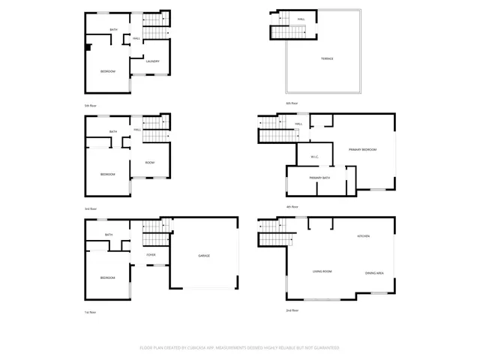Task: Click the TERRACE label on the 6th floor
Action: (328, 58)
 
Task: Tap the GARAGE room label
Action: (204, 256)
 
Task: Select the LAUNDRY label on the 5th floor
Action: (152, 61)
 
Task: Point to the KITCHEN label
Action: (364, 236)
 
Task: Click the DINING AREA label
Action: (375, 272)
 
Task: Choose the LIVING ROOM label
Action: (322, 271)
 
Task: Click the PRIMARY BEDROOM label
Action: (362, 150)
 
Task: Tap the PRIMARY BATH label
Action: (320, 177)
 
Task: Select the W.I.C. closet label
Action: (315, 156)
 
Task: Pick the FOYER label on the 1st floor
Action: (151, 255)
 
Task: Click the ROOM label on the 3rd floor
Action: (150, 163)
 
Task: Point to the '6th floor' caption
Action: (292, 103)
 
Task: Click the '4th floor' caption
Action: (292, 206)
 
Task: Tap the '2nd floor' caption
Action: (292, 310)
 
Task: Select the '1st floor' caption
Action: (91, 312)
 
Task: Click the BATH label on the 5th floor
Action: (114, 30)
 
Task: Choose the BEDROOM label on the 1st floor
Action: (109, 277)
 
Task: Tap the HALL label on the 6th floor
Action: (301, 19)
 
